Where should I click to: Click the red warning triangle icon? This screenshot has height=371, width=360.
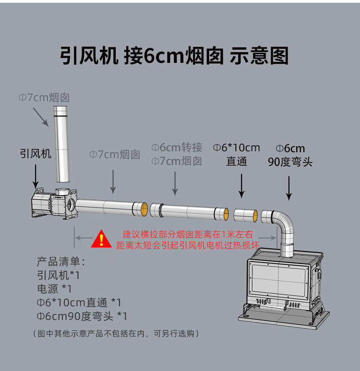[101, 239]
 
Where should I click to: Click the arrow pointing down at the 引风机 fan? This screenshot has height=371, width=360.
[36, 177]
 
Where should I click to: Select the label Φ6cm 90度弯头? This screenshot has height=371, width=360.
[291, 155]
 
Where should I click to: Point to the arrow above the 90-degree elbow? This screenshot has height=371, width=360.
[288, 188]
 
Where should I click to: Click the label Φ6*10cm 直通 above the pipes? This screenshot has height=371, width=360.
[237, 155]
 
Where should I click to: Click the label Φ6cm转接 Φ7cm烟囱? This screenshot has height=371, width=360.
[177, 154]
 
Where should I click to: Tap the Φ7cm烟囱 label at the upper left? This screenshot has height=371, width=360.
[44, 97]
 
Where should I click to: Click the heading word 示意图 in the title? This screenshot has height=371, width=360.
[259, 56]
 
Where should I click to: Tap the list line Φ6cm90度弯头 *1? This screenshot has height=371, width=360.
[82, 316]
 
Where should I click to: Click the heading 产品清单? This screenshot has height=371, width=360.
[61, 262]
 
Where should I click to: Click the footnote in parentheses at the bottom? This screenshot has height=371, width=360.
[116, 334]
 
